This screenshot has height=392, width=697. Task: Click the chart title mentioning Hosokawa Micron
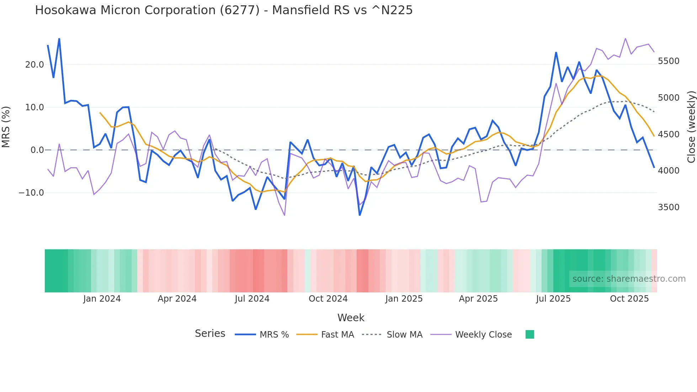(224, 10)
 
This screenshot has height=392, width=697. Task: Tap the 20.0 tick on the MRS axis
(34, 64)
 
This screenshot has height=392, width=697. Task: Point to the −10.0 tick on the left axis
(31, 193)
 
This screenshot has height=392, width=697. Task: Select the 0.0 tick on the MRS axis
(37, 150)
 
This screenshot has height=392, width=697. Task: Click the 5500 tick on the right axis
(669, 61)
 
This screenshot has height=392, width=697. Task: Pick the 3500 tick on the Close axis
(669, 207)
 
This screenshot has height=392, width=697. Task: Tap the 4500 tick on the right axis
(669, 134)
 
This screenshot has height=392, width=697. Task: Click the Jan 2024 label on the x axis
(102, 299)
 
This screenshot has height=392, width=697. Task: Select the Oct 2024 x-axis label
(328, 299)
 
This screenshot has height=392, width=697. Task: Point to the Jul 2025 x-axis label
(553, 299)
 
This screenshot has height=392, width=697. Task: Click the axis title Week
(351, 318)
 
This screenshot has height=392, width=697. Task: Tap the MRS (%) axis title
(6, 127)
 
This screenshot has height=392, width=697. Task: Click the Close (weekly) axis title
(691, 127)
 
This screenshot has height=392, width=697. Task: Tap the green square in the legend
(530, 334)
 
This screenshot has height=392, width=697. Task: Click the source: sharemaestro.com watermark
(629, 279)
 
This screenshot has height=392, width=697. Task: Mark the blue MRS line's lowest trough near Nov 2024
(360, 215)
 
